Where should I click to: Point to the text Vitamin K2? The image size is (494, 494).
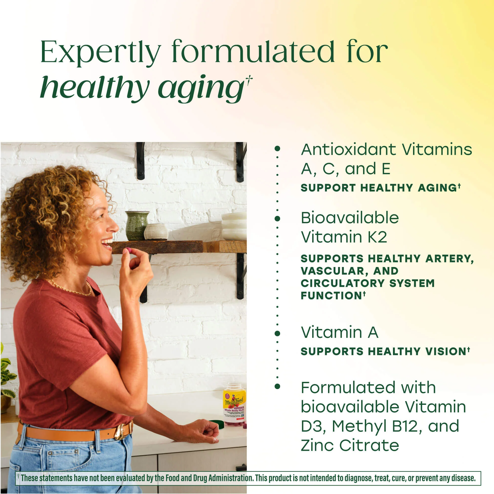coord(344,237)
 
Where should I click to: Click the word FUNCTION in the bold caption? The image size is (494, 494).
coord(331,296)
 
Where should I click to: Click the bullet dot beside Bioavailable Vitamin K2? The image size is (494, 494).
coord(277,219)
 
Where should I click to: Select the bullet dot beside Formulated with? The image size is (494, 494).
coord(277,386)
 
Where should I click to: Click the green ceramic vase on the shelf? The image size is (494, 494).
coord(137,226)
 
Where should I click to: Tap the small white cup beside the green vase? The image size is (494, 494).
coord(156,232)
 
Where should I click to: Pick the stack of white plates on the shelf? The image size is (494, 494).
coord(234,226)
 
